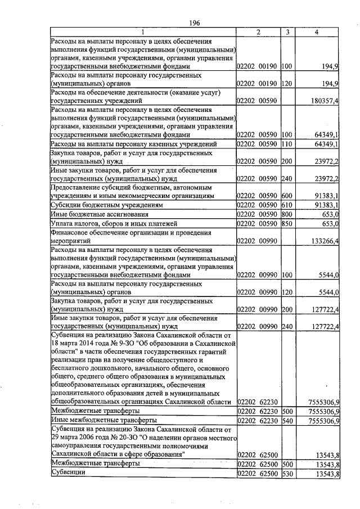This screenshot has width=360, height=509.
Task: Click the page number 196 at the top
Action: click(195, 22)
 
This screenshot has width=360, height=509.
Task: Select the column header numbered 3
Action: click(287, 33)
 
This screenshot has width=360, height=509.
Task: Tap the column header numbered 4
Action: click(318, 33)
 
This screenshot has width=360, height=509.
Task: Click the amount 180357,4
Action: click(323, 101)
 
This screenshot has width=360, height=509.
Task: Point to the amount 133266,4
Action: click(323, 241)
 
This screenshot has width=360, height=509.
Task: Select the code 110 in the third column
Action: click(287, 145)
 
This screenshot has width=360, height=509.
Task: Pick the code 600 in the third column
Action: click(287, 196)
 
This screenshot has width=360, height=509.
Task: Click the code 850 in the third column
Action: click(287, 223)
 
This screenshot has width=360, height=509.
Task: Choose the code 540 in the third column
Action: click(287, 420)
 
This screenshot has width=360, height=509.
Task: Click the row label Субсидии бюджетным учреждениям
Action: click(94, 205)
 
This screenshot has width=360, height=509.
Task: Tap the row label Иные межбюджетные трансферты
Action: click(95, 420)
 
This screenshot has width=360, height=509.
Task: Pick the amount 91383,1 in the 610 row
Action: click(326, 205)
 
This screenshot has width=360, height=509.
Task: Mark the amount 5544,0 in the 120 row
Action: click(327, 292)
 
